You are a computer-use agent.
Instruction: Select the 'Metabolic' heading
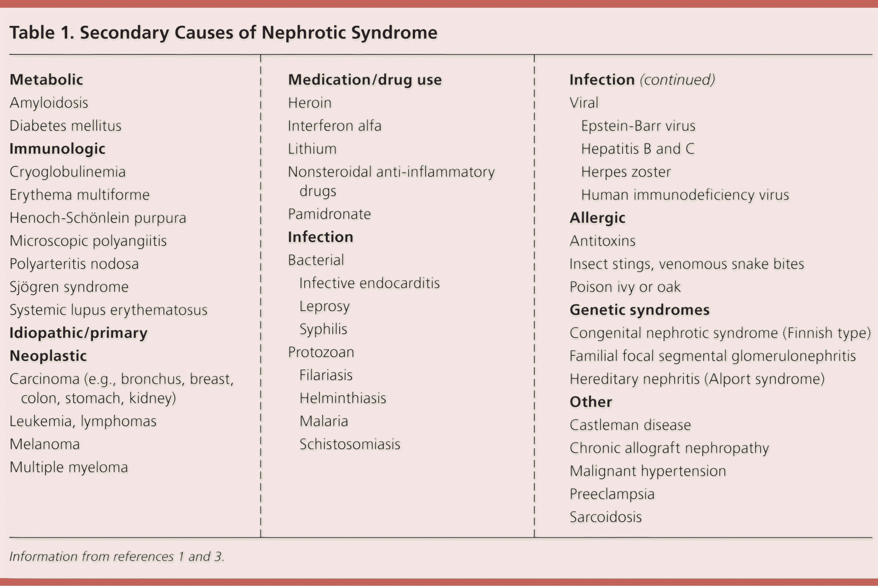pos(46,80)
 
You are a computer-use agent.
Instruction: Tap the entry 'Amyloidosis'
pos(49,103)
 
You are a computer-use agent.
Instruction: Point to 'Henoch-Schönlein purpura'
pos(98,218)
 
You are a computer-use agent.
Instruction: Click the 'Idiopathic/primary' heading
pos(78,333)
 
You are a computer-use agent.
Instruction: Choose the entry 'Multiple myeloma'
pos(69,467)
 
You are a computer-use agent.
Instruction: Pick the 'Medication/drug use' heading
pos(364,80)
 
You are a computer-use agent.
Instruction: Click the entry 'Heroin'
pos(310,103)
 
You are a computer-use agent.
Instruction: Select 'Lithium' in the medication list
pos(312,149)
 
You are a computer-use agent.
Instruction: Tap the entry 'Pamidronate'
pos(329,214)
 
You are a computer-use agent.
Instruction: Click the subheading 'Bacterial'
pos(316,260)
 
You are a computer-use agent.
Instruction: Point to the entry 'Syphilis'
pos(323,329)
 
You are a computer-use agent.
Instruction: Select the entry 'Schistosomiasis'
pos(350,444)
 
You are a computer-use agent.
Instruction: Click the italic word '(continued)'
pos(677,80)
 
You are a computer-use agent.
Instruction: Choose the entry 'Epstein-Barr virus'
pos(638,126)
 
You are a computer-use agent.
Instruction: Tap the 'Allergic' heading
pos(597,218)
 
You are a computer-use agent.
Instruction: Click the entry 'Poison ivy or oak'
pos(625,287)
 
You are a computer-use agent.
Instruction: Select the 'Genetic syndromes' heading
pos(639,310)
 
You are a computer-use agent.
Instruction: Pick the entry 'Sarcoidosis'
pos(606,517)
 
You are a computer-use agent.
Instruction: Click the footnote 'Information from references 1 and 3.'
pos(117,557)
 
